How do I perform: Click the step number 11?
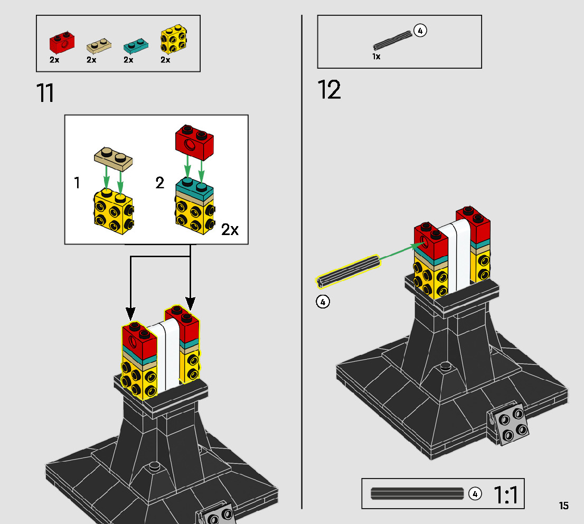click(45, 92)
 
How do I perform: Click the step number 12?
click(329, 90)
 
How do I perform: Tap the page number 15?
click(564, 506)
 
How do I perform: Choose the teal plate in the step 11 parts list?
click(135, 45)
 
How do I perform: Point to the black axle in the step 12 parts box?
click(392, 40)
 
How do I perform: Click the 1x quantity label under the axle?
click(376, 57)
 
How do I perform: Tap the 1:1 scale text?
click(506, 495)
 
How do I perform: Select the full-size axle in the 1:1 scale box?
click(417, 493)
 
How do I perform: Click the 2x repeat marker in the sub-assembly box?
click(230, 230)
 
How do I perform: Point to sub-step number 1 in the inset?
click(77, 183)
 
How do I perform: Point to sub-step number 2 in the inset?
click(159, 183)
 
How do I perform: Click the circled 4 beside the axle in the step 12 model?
click(323, 302)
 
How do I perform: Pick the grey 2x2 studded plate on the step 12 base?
click(510, 424)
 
